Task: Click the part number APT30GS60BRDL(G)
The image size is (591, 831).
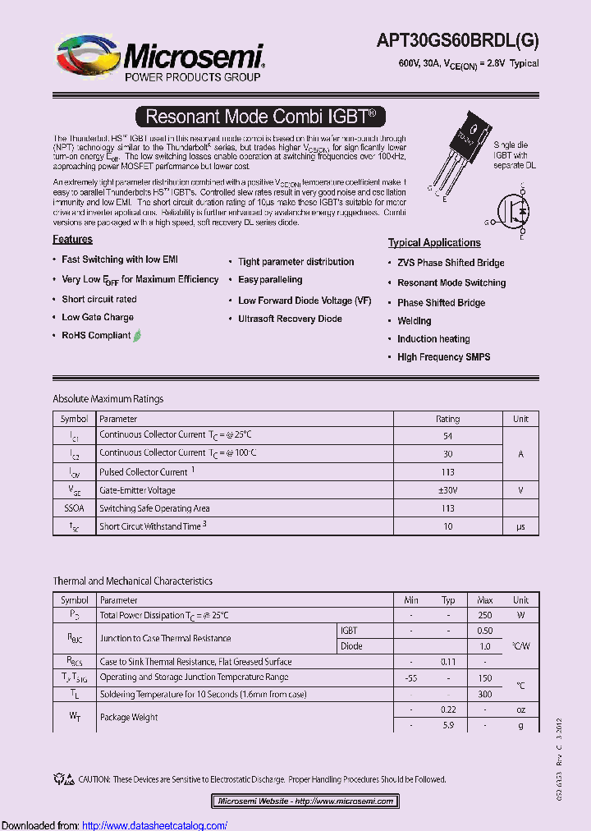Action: [x=457, y=40]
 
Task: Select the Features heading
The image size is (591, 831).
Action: [x=72, y=240]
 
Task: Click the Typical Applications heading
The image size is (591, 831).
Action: [x=434, y=243]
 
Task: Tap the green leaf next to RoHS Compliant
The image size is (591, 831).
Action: [x=137, y=335]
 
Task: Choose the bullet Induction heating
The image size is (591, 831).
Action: [x=433, y=339]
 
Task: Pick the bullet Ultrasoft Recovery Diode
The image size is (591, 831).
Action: [x=290, y=319]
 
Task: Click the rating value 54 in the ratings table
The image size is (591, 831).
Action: [x=447, y=437]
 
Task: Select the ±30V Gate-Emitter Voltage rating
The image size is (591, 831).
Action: [x=447, y=490]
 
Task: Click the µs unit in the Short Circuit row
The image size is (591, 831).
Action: [x=520, y=526]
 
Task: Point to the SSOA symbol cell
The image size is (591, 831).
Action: [x=74, y=508]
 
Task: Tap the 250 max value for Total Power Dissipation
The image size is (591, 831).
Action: [x=484, y=615]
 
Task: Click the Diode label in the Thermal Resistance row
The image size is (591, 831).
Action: [x=351, y=646]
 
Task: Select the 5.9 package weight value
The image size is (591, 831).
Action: [x=447, y=725]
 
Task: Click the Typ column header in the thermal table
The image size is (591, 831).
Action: [x=447, y=600]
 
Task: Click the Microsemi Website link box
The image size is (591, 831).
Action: [x=305, y=801]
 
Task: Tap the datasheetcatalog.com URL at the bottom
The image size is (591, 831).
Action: [x=155, y=825]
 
